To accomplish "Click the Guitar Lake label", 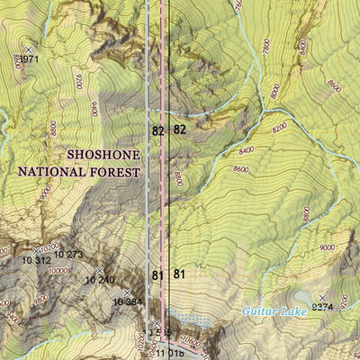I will click(x=273, y=311).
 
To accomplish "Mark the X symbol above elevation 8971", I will click(x=27, y=49).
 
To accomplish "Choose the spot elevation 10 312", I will click(x=36, y=261).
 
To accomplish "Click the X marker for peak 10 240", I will click(x=99, y=270).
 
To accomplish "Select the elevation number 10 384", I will click(x=128, y=301).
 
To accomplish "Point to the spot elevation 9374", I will click(x=321, y=308).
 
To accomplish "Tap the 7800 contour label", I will click(x=266, y=46).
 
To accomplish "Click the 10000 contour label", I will click(x=58, y=270).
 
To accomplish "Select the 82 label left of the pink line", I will click(x=157, y=130).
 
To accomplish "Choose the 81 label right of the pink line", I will click(x=179, y=274).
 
